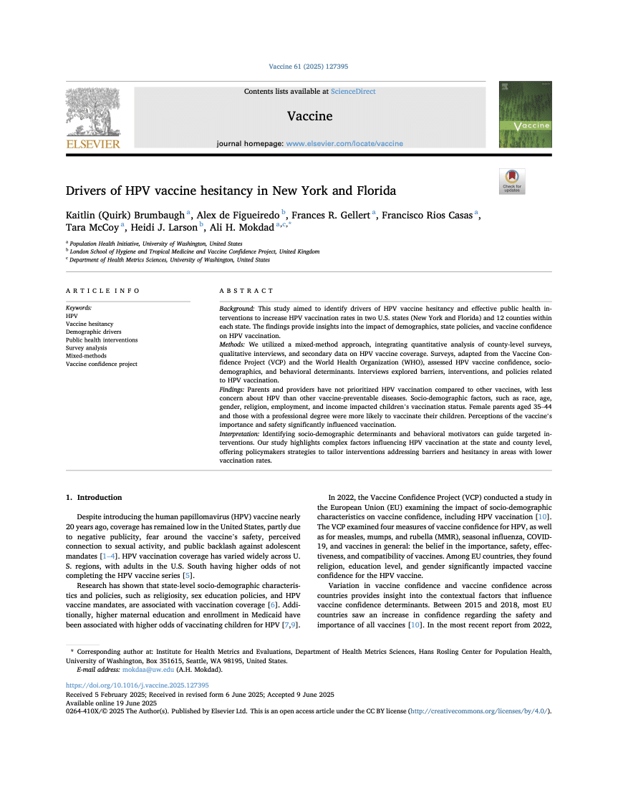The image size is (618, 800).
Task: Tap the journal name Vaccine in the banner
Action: [x=309, y=116]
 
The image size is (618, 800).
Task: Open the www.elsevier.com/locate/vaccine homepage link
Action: [x=344, y=143]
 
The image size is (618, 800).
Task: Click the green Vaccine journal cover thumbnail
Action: [x=525, y=115]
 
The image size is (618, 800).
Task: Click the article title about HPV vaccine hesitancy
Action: [x=231, y=191]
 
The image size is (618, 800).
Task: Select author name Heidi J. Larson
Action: [x=164, y=227]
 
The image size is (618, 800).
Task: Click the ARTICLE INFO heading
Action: [x=103, y=291]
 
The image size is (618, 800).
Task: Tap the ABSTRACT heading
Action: [x=246, y=291]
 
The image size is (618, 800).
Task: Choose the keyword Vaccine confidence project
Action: [x=102, y=364]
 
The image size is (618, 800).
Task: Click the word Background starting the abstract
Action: [x=236, y=307]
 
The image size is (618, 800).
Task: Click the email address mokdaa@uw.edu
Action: [x=148, y=670]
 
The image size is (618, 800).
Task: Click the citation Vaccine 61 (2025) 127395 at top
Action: [x=309, y=67]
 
